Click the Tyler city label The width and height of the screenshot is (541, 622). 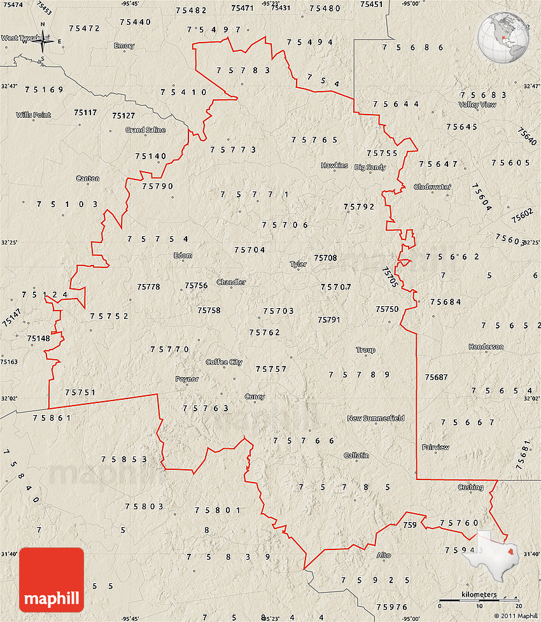point(298,264)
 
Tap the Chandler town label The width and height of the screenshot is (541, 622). point(231,282)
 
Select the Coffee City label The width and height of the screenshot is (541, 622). point(224,362)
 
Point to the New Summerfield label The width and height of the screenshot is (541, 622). point(376,418)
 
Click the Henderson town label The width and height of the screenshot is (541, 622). point(486,347)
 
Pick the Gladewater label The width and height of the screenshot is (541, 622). point(432,187)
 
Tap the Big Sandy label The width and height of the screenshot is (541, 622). point(370,167)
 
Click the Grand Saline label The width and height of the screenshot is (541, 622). point(145,130)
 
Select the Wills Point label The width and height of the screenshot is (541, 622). point(34,115)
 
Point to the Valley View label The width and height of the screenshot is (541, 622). point(477,104)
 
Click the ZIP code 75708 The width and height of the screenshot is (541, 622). point(325,258)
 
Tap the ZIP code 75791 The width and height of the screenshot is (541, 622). point(329,320)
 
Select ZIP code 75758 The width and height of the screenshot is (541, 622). point(209,311)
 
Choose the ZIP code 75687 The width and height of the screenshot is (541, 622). point(437,378)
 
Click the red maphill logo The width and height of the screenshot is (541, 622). point(52,580)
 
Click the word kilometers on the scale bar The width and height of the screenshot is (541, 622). point(479,595)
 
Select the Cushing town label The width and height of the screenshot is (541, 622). point(470,488)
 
